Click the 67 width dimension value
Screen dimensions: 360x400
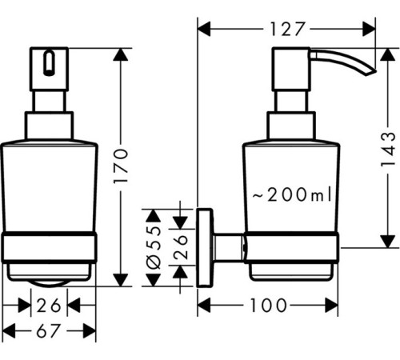(49, 330)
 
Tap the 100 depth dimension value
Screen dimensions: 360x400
(269, 305)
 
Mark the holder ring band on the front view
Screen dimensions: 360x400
(50, 250)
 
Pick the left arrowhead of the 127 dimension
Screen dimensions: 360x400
(203, 30)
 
